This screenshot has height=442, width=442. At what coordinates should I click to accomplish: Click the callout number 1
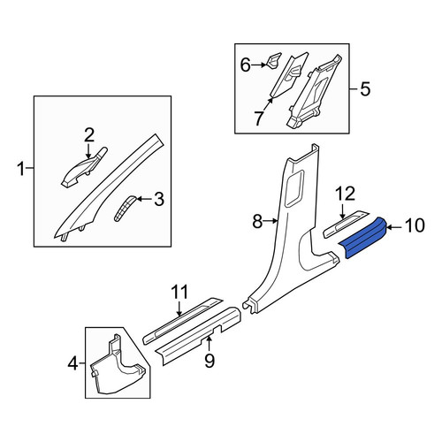pyautogui.click(x=21, y=169)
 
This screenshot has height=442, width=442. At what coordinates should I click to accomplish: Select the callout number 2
pyautogui.click(x=89, y=135)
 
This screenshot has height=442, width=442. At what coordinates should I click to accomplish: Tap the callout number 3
pyautogui.click(x=159, y=199)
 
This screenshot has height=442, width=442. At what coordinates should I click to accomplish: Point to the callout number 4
pyautogui.click(x=72, y=363)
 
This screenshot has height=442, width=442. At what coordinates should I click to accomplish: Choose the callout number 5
pyautogui.click(x=365, y=88)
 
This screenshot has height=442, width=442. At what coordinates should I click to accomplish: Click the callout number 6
pyautogui.click(x=246, y=65)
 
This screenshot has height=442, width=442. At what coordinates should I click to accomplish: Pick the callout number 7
pyautogui.click(x=258, y=118)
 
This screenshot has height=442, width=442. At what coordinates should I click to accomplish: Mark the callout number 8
pyautogui.click(x=257, y=221)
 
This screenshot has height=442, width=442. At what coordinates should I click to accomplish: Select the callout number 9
pyautogui.click(x=210, y=361)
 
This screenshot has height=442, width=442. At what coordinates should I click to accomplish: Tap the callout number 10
pyautogui.click(x=415, y=225)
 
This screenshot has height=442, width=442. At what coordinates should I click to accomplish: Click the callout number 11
pyautogui.click(x=180, y=292)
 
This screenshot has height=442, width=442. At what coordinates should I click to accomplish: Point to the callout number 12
pyautogui.click(x=346, y=194)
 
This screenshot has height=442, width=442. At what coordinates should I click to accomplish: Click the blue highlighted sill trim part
pyautogui.click(x=363, y=237)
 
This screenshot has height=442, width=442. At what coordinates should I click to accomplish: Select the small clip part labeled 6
pyautogui.click(x=273, y=60)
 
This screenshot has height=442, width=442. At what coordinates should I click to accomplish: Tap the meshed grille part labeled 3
pyautogui.click(x=125, y=208)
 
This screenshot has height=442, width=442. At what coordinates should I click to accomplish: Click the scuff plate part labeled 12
pyautogui.click(x=346, y=225)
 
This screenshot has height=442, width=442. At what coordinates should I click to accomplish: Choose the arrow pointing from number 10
pyautogui.click(x=395, y=227)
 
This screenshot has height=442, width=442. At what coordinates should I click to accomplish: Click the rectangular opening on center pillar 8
pyautogui.click(x=294, y=187)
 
